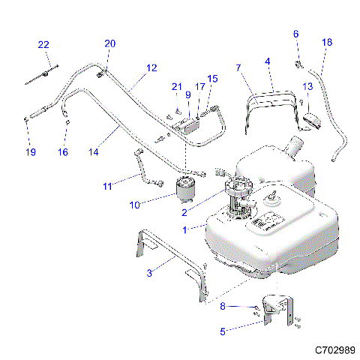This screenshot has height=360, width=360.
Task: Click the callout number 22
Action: [43, 45]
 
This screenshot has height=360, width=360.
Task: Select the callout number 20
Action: [110, 44]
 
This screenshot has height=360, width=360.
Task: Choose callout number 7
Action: [238, 68]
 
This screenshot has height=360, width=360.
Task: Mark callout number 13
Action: [307, 87]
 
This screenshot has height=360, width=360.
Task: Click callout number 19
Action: [30, 152]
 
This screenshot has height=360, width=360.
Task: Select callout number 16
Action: [63, 152]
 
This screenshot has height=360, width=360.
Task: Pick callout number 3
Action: [149, 273]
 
